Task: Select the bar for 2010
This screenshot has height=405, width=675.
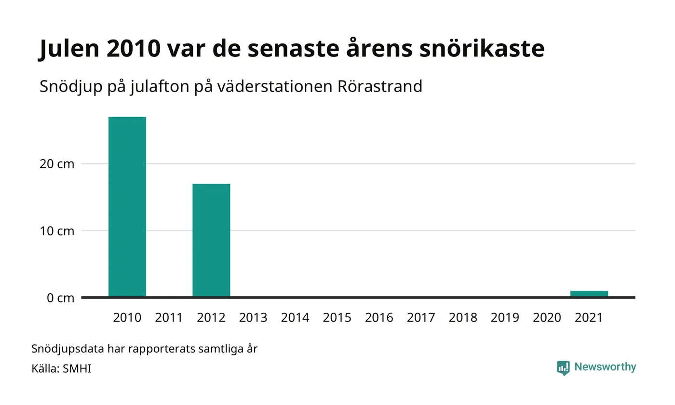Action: pos(127,207)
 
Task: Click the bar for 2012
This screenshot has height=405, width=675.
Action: pos(211,240)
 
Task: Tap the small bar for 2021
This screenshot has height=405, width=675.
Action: pos(589,294)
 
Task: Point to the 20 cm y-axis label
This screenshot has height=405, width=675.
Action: pos(57,164)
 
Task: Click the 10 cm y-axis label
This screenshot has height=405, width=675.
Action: pos(57,231)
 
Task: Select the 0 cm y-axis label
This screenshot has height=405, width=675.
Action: pos(60,298)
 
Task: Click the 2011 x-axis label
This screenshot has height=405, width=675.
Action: pos(169,318)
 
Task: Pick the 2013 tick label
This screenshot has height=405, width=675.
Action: pos(253,318)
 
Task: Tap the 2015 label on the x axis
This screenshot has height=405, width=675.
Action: pos(337,318)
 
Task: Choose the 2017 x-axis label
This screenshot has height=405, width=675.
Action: pos(421,318)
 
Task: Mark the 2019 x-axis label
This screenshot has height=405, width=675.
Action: pos(505,318)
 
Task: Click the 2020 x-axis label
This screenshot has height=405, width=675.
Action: pos(547,318)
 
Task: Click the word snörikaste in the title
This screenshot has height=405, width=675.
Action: pos(482,48)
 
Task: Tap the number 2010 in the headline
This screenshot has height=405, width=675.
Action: pos(134,49)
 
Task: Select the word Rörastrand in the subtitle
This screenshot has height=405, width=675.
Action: pos(380,86)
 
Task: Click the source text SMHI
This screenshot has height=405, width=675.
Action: pos(77,368)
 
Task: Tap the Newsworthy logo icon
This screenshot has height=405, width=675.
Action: pos(563,368)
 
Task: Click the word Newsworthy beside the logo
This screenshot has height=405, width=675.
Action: pos(605,367)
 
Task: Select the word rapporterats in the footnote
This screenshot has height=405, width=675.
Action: pos(162,349)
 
